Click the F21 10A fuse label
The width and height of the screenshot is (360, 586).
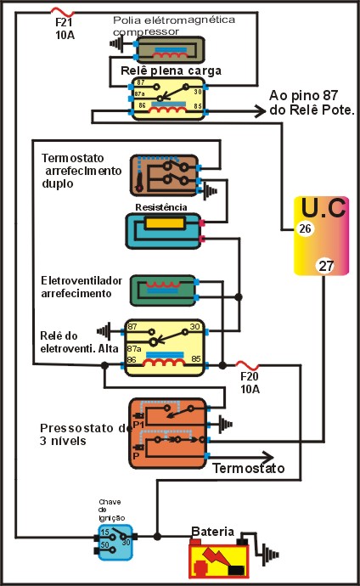pos(65,28)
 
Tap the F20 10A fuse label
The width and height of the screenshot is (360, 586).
pos(250,383)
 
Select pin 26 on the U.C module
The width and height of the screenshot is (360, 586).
pos(305,228)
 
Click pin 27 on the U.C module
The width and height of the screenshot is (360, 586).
pos(326,266)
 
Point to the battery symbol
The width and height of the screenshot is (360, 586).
pos(219,558)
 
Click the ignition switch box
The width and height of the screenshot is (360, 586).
pos(115,543)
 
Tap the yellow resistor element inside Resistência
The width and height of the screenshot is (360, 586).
pos(165,223)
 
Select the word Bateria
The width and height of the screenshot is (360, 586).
pos(212,532)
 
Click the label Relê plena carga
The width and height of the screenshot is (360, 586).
pos(171,70)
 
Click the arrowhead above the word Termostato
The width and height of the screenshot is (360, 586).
pos(267,457)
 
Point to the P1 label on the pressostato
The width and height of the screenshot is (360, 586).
pos(138,425)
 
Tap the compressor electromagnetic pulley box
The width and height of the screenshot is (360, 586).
pos(170,50)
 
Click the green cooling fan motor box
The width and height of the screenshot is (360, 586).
pos(163,290)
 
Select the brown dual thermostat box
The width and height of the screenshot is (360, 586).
pos(165,175)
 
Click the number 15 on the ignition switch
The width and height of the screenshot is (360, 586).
pos(105,532)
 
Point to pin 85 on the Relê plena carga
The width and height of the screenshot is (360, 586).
pos(198,106)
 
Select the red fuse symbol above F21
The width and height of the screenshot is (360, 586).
pos(62,12)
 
